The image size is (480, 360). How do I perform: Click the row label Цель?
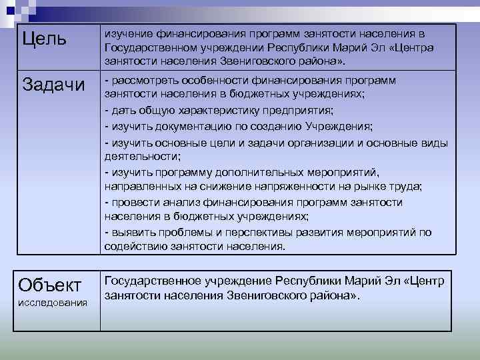pos(45,39)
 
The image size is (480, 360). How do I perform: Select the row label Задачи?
pos(54,85)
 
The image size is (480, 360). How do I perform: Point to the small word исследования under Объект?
pos(53,303)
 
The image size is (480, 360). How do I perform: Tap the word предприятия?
pos(299,110)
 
